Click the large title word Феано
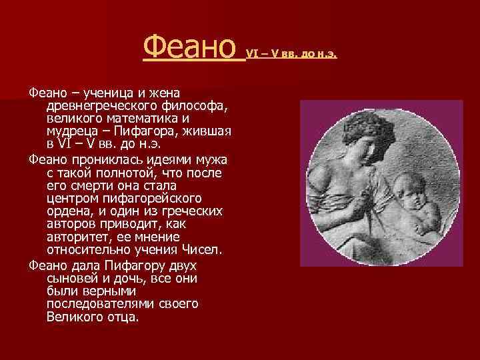tap(190, 47)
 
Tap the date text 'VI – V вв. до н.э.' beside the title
tap(292, 53)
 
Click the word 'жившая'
tap(207, 131)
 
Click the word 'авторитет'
tap(79, 237)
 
